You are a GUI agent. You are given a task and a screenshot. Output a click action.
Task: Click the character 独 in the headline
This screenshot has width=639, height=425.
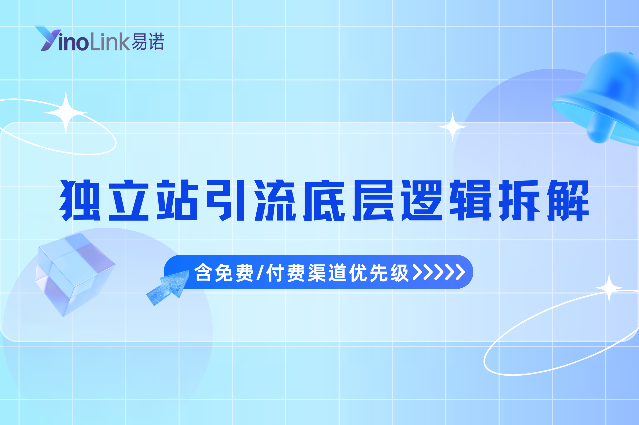[80, 200]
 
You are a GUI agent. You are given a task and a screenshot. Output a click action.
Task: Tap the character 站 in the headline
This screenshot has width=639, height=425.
[177, 200]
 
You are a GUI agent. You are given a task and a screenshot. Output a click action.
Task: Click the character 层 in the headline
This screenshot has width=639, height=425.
[373, 200]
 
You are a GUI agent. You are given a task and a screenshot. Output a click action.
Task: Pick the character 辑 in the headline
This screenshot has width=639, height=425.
[470, 200]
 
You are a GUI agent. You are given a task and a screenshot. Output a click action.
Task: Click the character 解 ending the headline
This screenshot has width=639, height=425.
[568, 200]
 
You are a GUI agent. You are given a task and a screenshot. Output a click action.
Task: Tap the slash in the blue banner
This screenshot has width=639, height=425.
[260, 272]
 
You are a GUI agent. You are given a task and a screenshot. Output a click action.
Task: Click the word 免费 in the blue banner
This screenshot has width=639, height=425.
[234, 272]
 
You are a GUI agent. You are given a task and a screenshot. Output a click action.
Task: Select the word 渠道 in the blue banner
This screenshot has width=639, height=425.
[327, 272]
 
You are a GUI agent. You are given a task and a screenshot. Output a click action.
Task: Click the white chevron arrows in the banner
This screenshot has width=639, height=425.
[438, 271]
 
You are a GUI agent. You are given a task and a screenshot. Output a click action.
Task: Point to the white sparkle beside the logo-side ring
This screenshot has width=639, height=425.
[66, 112]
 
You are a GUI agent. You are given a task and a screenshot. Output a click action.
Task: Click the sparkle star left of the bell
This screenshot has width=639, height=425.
[452, 127]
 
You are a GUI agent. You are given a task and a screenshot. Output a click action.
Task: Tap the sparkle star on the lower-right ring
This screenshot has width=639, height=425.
[609, 288]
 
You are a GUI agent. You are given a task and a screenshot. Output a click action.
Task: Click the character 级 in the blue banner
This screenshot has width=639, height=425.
[399, 272]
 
